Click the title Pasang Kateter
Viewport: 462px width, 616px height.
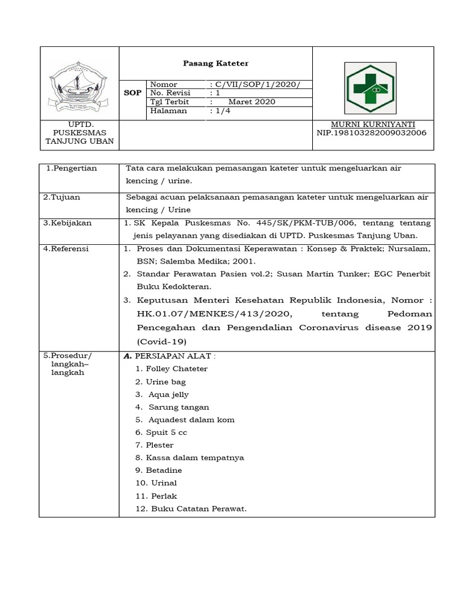coord(215,63)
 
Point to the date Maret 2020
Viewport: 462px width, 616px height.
coord(251,102)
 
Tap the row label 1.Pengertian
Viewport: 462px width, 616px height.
coord(72,168)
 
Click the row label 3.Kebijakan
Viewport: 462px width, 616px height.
coord(67,223)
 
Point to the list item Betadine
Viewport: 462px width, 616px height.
coord(163,470)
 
